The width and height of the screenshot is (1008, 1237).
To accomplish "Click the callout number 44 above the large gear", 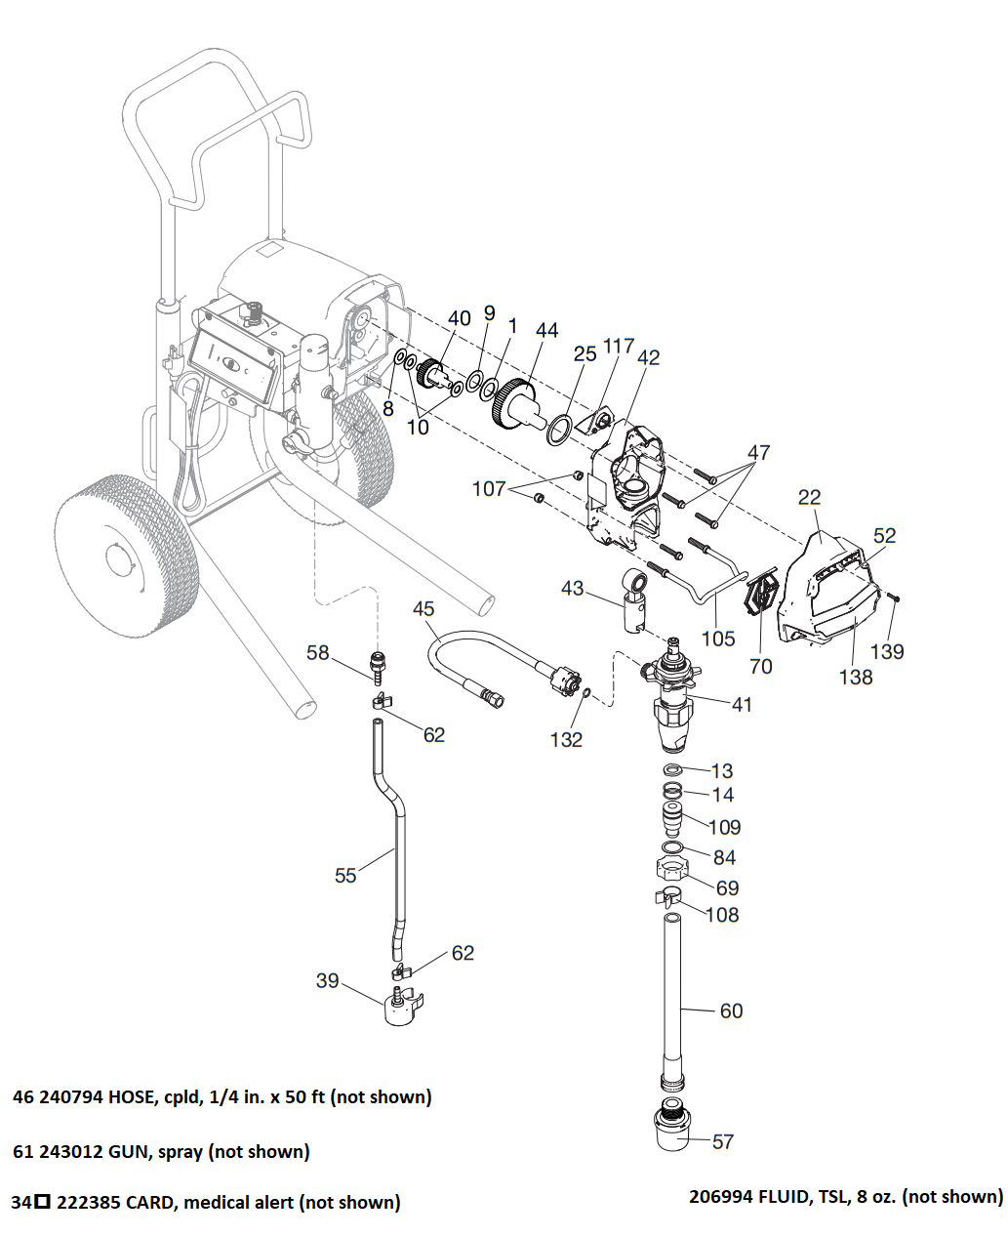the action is pos(546,330).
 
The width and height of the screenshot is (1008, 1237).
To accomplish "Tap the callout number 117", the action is pos(619,346).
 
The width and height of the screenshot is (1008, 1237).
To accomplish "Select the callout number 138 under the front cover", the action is pos(856,677).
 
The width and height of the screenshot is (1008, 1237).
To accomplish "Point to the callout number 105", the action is pos(718,639).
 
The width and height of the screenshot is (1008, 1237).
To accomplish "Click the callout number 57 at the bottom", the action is pos(723,1141).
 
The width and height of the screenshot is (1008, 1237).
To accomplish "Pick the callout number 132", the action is pos(566,740).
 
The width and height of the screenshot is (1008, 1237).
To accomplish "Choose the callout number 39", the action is pos(327,980).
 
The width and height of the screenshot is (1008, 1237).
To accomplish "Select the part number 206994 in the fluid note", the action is pos(721,1196).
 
